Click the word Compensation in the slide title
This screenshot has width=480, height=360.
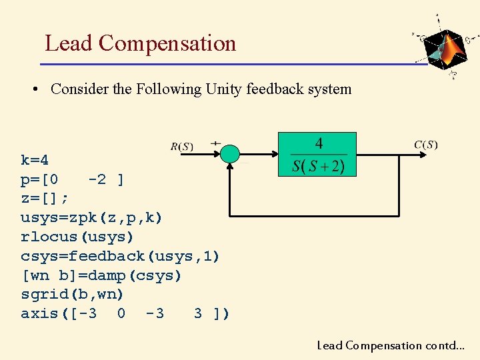tap(167, 43)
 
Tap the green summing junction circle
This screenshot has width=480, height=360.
tap(229, 154)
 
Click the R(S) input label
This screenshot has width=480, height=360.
tap(182, 147)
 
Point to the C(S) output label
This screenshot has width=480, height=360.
tap(426, 145)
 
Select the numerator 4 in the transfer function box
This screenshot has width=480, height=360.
tap(319, 144)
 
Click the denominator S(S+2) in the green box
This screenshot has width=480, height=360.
tap(319, 165)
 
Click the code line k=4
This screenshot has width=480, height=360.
tap(35, 160)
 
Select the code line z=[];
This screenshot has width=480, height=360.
tap(45, 199)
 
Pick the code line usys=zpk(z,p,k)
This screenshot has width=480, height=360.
tap(91, 218)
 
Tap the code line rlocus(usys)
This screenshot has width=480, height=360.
tap(77, 237)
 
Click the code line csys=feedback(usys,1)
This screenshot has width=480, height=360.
tap(120, 256)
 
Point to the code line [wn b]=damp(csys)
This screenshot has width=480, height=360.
tap(101, 275)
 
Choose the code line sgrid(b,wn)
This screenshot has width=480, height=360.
tap(73, 294)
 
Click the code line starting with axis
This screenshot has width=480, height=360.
tap(125, 313)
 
